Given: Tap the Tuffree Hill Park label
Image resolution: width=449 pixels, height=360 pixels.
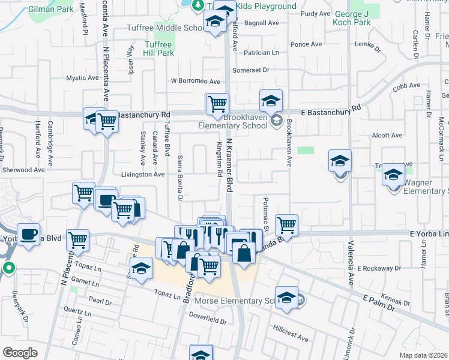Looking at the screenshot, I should point(159,48).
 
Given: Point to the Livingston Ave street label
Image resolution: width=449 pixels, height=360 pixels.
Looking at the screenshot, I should point(143,175).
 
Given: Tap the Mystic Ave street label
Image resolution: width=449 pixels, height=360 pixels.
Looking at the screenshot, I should point(82,78).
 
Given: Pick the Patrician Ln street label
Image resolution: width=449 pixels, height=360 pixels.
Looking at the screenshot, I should point(259,53).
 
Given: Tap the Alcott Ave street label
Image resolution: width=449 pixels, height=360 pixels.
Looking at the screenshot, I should point(387,136).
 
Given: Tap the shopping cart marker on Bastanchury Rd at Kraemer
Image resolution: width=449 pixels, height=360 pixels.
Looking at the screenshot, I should point(217,103).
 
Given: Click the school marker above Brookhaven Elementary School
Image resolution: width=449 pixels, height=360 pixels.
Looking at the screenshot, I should point(271,100).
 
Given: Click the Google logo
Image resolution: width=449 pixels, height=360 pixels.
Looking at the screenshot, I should point(20,352).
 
